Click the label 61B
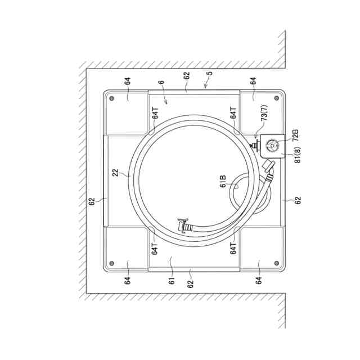(223, 181)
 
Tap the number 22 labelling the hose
(115, 173)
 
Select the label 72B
(296, 135)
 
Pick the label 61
(172, 281)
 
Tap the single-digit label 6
(161, 82)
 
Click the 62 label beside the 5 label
(187, 75)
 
